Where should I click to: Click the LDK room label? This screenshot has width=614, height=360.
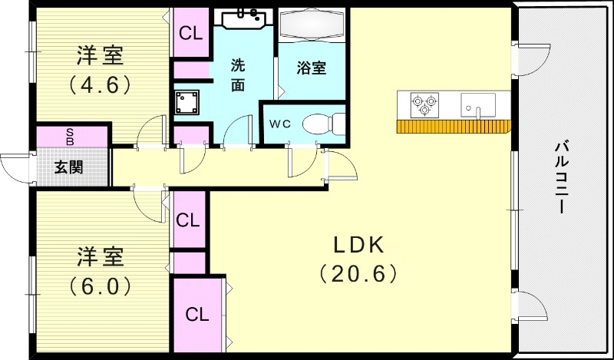[x=357, y=245]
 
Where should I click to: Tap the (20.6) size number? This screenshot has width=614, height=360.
[x=357, y=272]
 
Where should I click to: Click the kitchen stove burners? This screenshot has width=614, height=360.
[x=424, y=104]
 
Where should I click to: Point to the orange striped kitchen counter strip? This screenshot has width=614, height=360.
[x=453, y=127]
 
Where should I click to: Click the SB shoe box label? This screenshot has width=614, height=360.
[x=70, y=137]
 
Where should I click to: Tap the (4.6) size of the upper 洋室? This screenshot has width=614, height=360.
[x=101, y=83]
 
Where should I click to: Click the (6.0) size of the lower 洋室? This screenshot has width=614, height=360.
[x=101, y=286]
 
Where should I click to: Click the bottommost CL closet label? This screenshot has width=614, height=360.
[x=197, y=314]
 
